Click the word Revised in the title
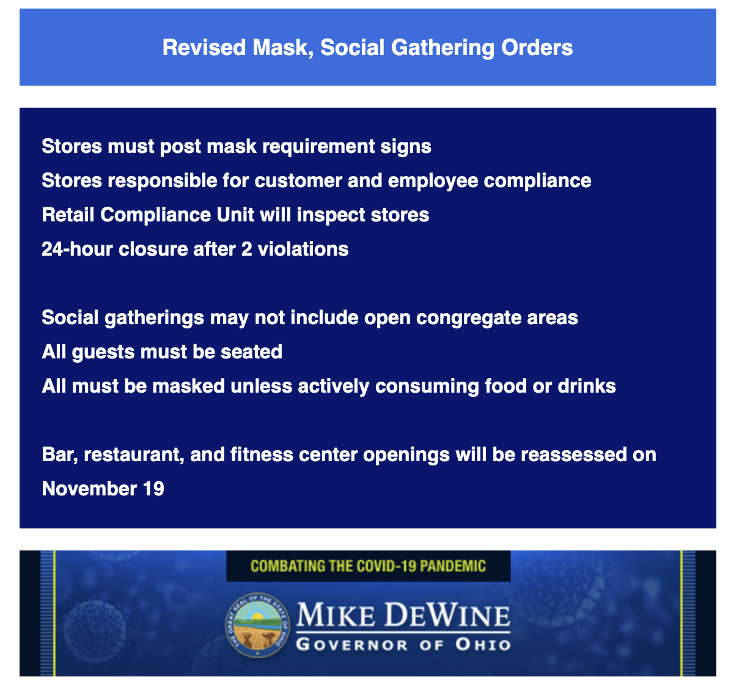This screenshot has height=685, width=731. [204, 48]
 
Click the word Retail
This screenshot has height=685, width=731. [68, 215]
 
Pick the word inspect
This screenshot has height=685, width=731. [331, 215]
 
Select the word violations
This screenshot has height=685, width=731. [303, 249]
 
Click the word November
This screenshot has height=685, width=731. [89, 489]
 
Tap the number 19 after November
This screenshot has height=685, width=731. [153, 489]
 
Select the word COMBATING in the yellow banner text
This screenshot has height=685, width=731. [288, 566]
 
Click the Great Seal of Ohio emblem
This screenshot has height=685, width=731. [257, 626]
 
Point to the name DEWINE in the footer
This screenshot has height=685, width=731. [447, 615]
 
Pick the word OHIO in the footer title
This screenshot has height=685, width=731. [483, 645]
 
